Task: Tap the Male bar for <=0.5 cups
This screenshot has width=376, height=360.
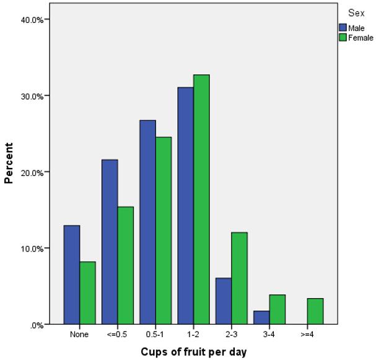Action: (110, 242)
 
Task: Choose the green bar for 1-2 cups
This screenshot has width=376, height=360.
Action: (201, 199)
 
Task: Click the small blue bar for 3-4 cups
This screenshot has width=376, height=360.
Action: (261, 317)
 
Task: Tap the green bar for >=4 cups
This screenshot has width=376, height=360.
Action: (315, 311)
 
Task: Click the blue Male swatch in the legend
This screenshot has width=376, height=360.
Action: (343, 27)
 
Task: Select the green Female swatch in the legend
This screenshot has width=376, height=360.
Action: (343, 38)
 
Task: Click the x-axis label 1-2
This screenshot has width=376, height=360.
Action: (193, 335)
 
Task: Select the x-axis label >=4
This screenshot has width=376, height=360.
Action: (307, 335)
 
